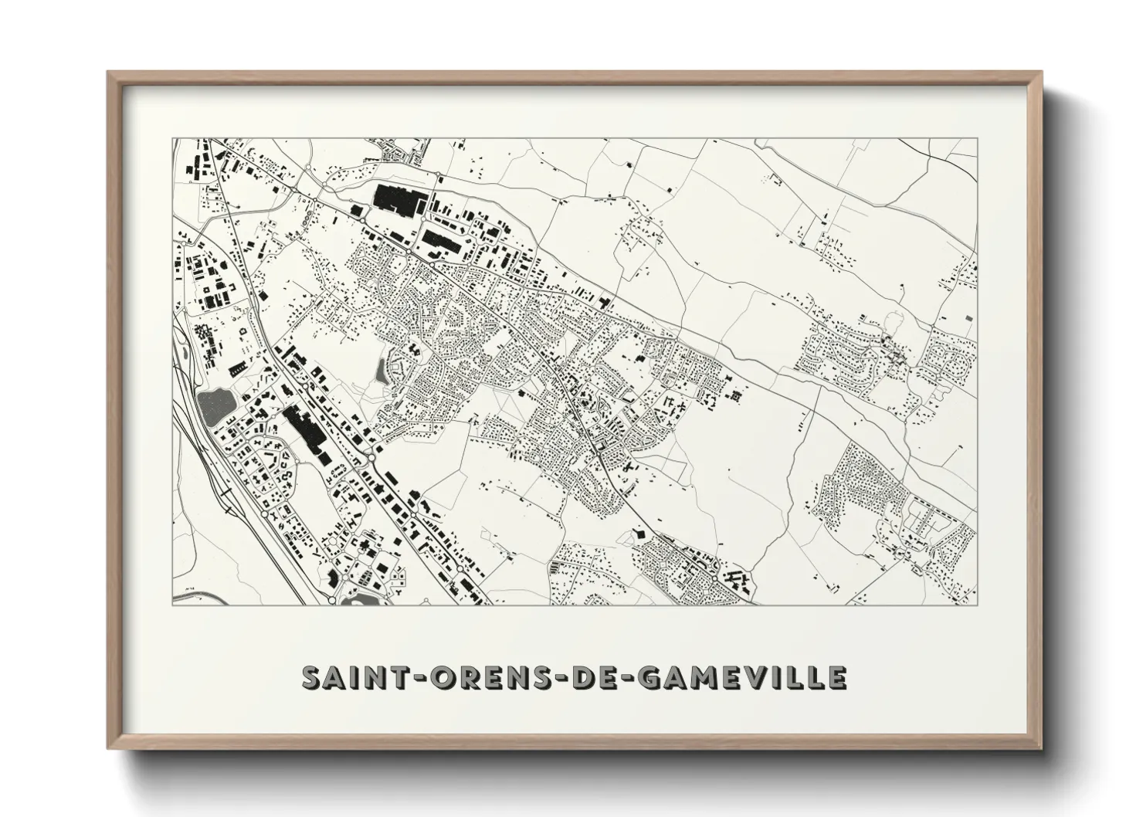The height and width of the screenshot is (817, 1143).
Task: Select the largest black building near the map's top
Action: click(x=395, y=196)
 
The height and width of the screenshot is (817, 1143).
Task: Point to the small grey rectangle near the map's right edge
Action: click(x=969, y=318)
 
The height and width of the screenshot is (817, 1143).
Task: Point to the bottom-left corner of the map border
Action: click(x=172, y=605)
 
